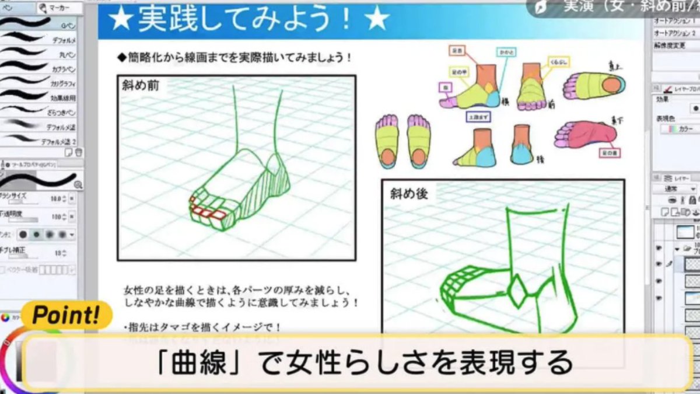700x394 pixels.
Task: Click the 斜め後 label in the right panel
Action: point(408,193)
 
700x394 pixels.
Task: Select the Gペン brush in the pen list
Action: point(67,26)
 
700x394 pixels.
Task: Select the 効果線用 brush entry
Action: point(63,98)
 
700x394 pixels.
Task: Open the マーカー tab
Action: point(56,8)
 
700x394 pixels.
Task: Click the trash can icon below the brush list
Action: point(79,152)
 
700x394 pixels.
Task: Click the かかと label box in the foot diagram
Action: point(506,53)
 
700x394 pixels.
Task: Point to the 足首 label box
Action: point(457,51)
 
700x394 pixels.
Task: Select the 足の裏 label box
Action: point(610,154)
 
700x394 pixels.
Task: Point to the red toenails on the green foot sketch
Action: point(208,211)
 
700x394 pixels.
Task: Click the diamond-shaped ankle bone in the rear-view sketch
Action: point(516,290)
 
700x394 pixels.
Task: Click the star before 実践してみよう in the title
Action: point(120,20)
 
